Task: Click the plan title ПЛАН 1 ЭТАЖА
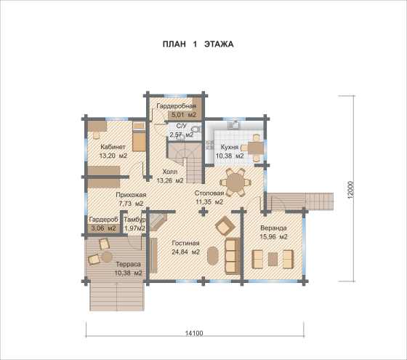(198, 44)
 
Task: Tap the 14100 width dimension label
(194, 333)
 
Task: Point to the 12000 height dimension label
(350, 190)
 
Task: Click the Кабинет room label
(113, 147)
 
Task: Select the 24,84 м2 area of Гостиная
(185, 252)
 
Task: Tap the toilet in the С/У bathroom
(196, 129)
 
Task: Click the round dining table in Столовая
(235, 182)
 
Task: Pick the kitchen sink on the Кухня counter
(234, 125)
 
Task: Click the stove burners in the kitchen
(209, 145)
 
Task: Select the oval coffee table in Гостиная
(213, 255)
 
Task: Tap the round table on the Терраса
(107, 257)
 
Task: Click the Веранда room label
(273, 228)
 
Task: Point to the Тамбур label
(134, 220)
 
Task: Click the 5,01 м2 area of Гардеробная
(184, 115)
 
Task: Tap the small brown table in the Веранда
(273, 259)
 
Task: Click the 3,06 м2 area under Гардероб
(103, 228)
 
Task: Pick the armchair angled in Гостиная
(225, 226)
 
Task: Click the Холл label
(170, 172)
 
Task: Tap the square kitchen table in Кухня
(255, 148)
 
